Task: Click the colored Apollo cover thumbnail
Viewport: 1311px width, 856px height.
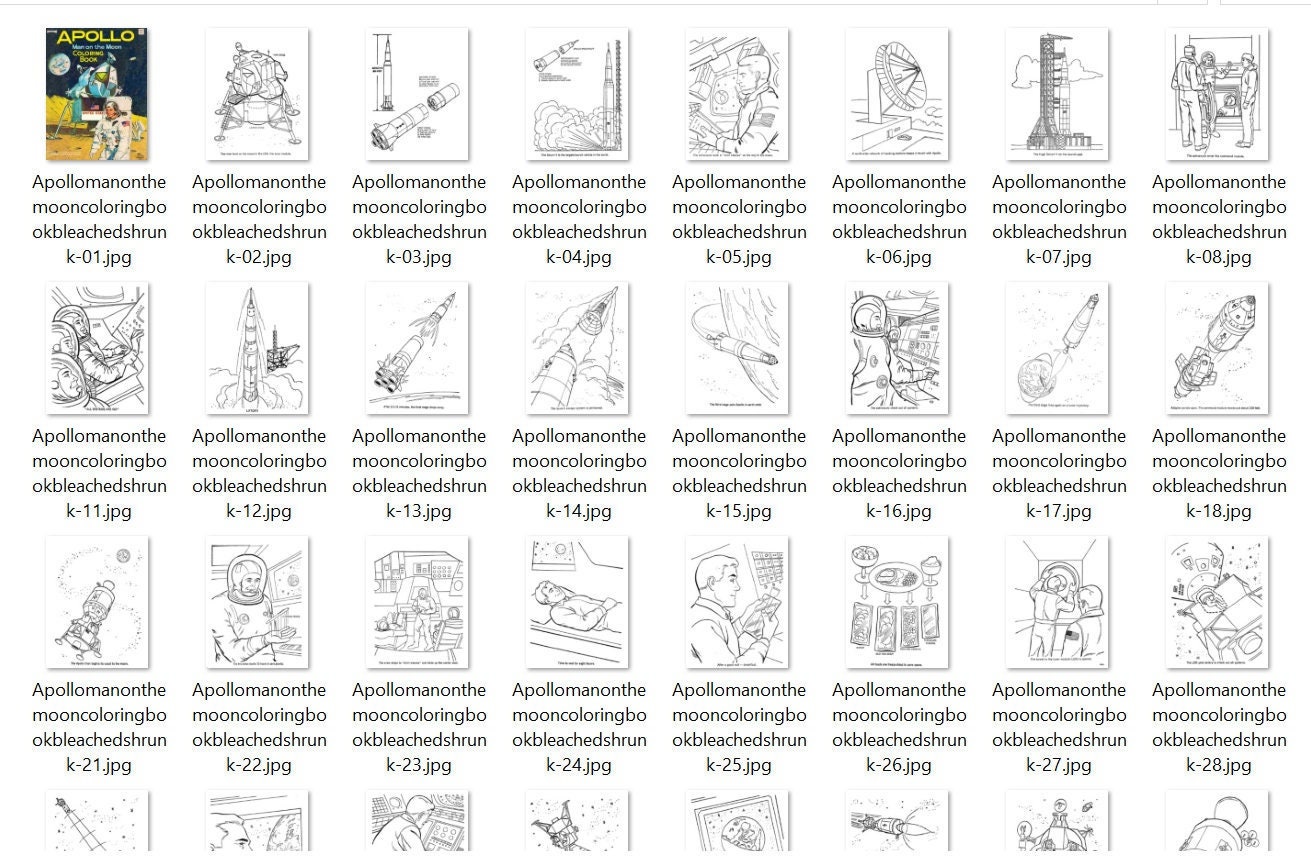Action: [x=97, y=94]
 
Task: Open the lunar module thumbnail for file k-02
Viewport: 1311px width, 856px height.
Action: [x=257, y=94]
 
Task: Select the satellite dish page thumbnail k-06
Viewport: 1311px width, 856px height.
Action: [x=897, y=94]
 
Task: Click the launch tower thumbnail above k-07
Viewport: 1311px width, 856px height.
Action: [x=1057, y=94]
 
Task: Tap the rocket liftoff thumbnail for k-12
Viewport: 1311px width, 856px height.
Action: [x=257, y=348]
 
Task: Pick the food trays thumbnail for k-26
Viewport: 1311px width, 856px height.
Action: [x=897, y=602]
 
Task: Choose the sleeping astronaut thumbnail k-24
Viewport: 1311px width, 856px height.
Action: [x=577, y=602]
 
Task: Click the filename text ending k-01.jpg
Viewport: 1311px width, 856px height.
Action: [x=99, y=219]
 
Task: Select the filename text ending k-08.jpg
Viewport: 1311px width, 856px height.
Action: [x=1219, y=219]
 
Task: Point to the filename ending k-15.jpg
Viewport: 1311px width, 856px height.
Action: [x=739, y=473]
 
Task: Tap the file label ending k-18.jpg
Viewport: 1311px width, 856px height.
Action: [x=1219, y=473]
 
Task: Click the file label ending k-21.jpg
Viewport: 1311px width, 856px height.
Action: [x=99, y=727]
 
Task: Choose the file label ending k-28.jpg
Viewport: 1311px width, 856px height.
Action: [x=1219, y=727]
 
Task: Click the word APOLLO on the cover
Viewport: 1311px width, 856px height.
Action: [x=97, y=38]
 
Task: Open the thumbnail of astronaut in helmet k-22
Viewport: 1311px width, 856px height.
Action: [x=257, y=602]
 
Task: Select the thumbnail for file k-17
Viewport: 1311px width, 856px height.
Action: [x=1057, y=348]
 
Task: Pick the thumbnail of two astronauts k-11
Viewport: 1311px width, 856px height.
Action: [x=97, y=348]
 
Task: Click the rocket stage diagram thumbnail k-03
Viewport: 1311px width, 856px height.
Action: [x=417, y=94]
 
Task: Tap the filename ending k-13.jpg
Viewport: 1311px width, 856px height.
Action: [x=419, y=473]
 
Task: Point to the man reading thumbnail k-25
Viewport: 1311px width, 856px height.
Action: [x=737, y=602]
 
